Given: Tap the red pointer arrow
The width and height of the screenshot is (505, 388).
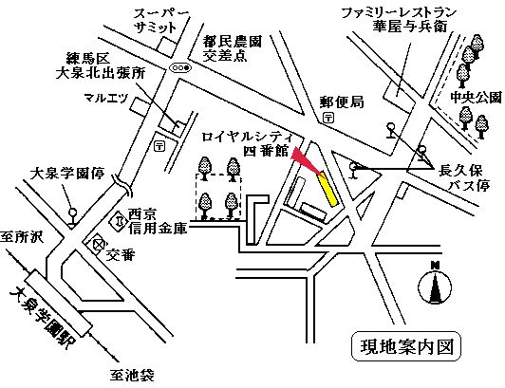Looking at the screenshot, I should [303, 158].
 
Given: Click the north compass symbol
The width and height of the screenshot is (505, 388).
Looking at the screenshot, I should [435, 284].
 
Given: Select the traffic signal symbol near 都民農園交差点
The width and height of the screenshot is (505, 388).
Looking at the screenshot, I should [179, 69].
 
